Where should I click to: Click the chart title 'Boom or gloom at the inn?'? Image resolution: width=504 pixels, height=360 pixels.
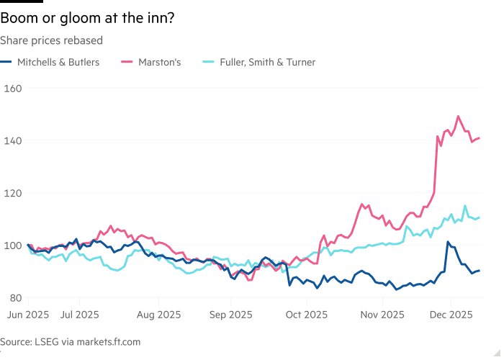[x=86, y=19]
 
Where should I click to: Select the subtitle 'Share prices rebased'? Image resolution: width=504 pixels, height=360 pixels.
[x=52, y=40]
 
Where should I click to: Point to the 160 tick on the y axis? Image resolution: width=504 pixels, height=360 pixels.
[x=14, y=88]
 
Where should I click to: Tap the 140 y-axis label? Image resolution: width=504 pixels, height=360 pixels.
[x=14, y=140]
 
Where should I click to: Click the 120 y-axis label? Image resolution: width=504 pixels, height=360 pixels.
[x=14, y=193]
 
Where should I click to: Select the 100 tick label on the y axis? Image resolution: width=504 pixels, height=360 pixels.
[x=14, y=246]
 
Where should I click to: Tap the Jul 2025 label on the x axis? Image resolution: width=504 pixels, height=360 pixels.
[x=79, y=315]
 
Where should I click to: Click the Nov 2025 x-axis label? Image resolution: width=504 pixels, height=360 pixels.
[x=382, y=315]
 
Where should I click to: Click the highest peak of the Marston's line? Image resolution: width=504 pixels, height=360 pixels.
[x=458, y=116]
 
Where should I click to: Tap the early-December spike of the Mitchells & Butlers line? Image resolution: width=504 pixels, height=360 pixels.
[x=448, y=242]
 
